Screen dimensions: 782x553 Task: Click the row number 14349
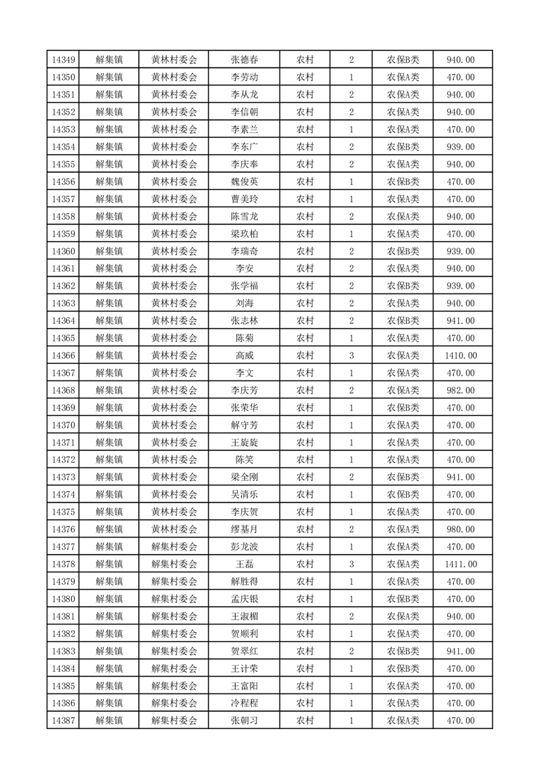[x=63, y=60]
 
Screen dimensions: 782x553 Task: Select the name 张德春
[x=244, y=60]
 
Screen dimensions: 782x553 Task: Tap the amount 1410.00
[x=460, y=355]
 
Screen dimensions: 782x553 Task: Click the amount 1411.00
[x=460, y=565]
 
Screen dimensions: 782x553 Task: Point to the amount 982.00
[x=460, y=390]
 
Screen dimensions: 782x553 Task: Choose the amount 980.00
[x=460, y=530]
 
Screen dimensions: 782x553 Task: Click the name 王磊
[x=244, y=565]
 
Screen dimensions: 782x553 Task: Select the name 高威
[x=244, y=355]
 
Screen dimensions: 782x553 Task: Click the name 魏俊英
[x=244, y=182]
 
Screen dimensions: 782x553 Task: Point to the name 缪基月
[x=244, y=530]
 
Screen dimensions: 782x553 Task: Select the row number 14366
[x=63, y=355]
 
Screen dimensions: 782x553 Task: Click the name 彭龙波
[x=244, y=547]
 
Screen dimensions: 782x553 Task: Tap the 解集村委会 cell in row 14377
[x=174, y=547]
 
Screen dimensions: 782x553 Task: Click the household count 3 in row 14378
[x=351, y=565]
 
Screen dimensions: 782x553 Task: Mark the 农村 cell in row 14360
[x=305, y=252]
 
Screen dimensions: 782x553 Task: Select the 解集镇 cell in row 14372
[x=109, y=460]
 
